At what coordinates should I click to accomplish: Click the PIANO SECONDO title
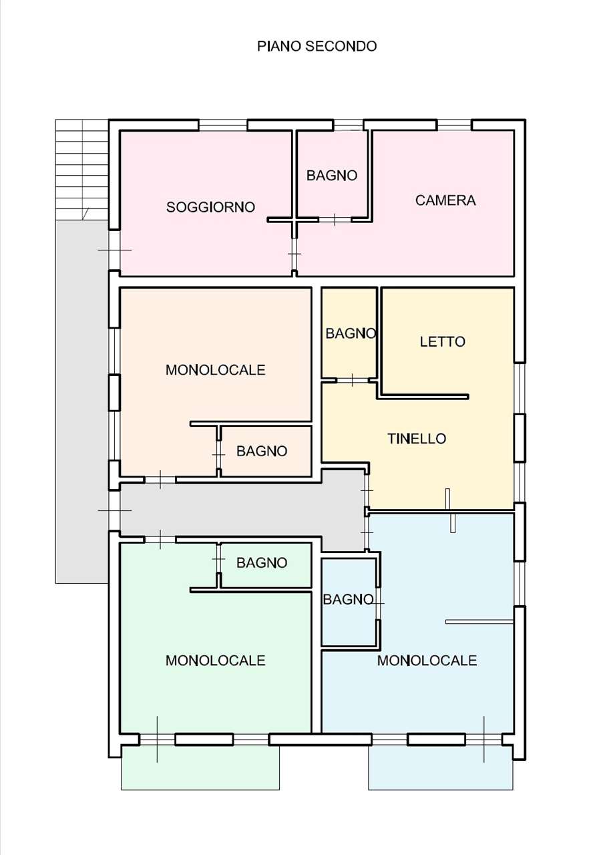pos(317,46)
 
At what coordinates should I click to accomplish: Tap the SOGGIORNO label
pos(210,207)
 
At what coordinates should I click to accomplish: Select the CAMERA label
pos(445,200)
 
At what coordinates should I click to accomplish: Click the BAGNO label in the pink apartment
pos(332,176)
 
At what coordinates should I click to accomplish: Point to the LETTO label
pos(443,341)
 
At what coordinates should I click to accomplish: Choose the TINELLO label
pos(417,439)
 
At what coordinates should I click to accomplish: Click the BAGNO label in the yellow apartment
pos(351,333)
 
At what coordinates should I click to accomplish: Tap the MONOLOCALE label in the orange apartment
pos(215,370)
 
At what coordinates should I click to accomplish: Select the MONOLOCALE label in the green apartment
pos(215,661)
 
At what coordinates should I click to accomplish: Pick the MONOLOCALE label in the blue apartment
pos(427,661)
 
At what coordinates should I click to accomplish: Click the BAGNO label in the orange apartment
pos(262,451)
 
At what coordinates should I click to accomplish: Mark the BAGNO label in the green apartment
pos(262,562)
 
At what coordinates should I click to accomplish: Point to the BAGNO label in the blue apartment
pos(348,600)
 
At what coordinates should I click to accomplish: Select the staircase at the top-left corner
pos(82,170)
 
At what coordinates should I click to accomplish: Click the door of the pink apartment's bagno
pos(335,220)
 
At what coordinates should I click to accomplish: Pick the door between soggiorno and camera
pos(294,254)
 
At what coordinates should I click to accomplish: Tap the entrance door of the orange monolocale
pos(160,480)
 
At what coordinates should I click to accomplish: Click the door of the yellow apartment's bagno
pos(352,380)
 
